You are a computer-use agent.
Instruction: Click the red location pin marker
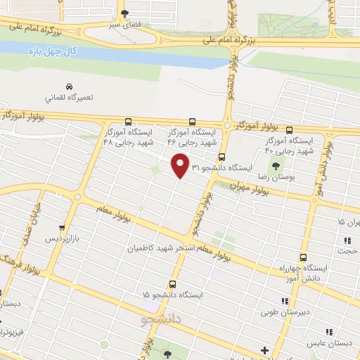180,165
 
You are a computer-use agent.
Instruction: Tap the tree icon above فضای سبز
126,13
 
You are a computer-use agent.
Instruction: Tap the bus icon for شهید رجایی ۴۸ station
127,121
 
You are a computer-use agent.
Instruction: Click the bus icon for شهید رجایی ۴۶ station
191,121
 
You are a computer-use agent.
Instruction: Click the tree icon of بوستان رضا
276,167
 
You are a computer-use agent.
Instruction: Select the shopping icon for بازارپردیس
63,228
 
